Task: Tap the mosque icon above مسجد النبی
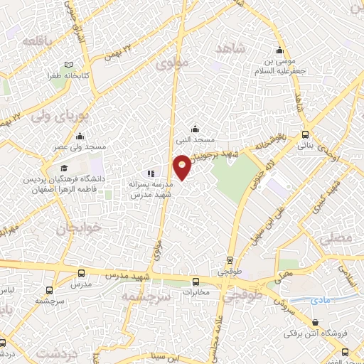pos(196,129)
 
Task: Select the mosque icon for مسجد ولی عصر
pos(79,137)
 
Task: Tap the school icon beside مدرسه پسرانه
pos(149,173)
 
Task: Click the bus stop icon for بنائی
pos(306,134)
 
